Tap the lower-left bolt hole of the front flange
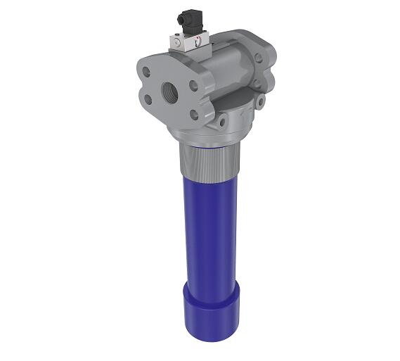pyautogui.click(x=148, y=99)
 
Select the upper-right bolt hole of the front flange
pyautogui.click(x=193, y=85)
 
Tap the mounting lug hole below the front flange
pyautogui.click(x=223, y=122)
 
